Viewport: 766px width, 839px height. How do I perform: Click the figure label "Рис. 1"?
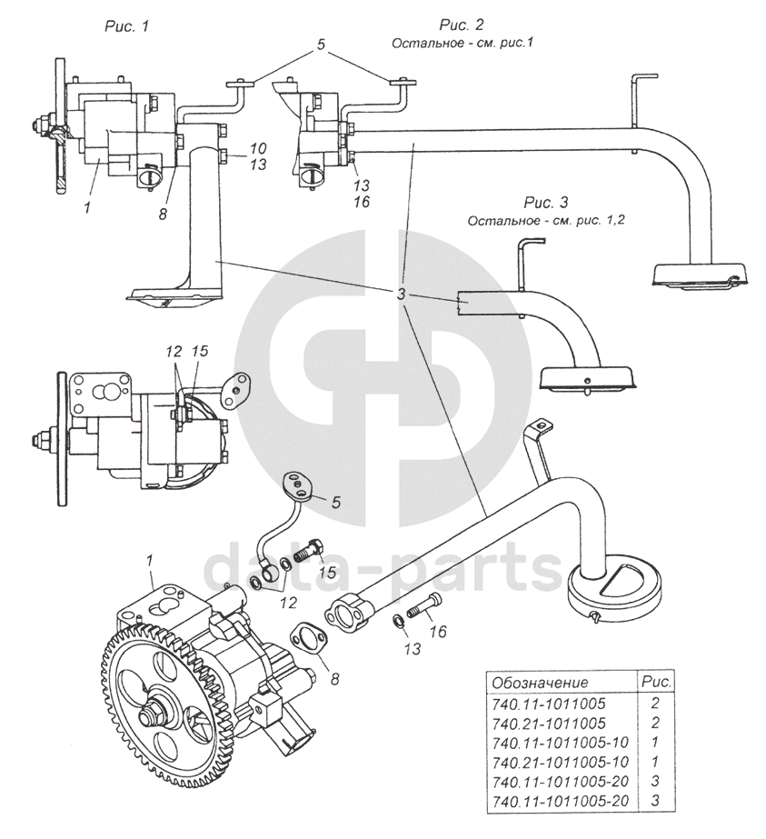(x=126, y=26)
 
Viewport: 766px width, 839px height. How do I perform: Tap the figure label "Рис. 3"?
(x=545, y=203)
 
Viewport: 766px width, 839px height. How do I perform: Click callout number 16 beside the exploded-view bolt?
(x=438, y=632)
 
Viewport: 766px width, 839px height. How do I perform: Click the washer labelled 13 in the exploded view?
(x=397, y=620)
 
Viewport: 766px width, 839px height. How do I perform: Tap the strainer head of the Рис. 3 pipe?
(x=587, y=379)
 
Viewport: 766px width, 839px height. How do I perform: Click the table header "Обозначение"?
(x=539, y=683)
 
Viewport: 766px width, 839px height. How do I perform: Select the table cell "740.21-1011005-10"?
(x=560, y=762)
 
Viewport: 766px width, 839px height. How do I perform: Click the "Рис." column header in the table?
(x=655, y=683)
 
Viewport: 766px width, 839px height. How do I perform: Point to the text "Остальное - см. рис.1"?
(x=463, y=43)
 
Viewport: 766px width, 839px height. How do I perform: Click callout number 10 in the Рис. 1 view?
(x=258, y=148)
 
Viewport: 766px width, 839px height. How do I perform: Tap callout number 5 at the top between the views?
(x=321, y=45)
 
